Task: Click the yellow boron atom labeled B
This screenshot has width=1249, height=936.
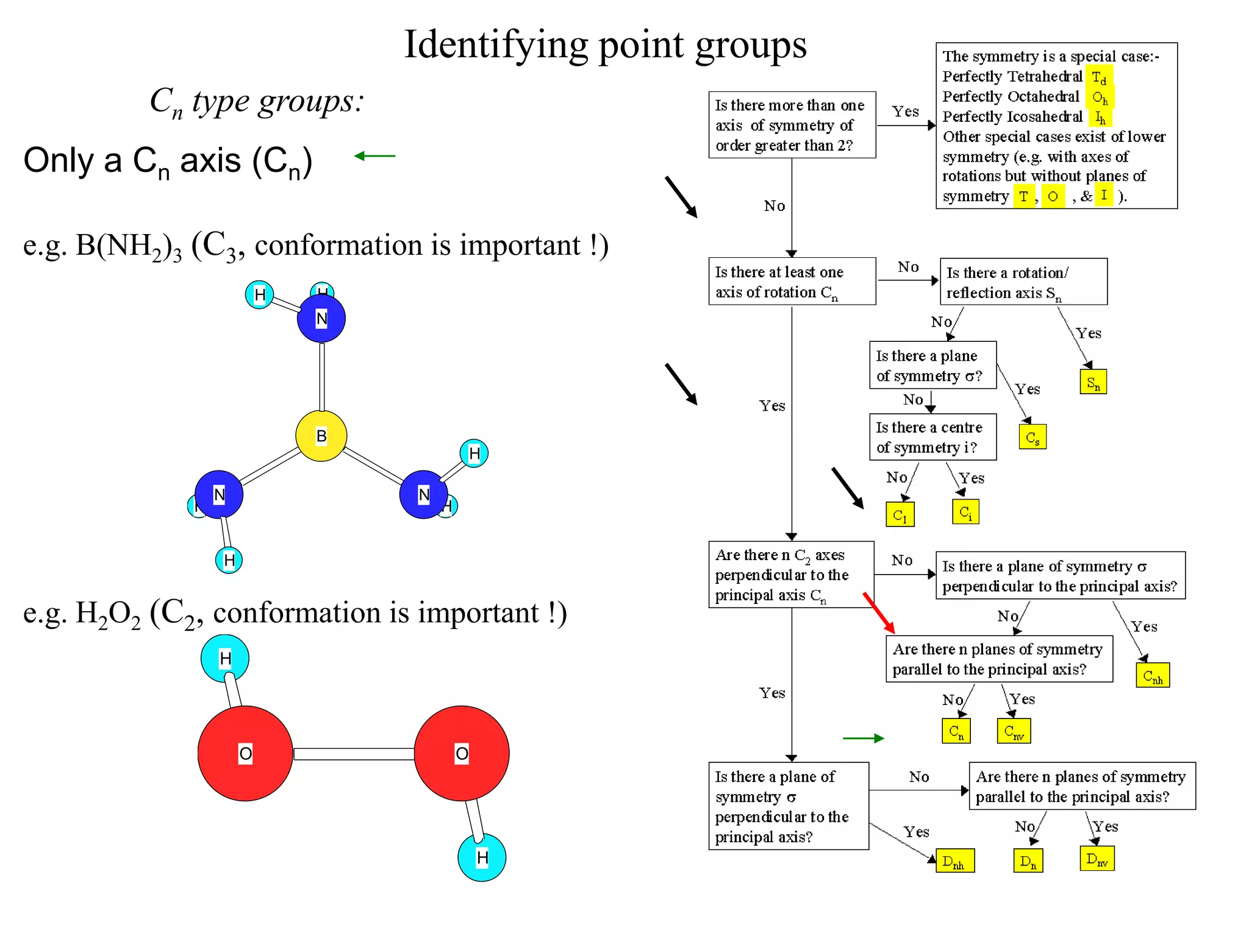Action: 321,436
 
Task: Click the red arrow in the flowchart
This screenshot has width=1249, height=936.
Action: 879,612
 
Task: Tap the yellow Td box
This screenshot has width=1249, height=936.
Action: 1099,77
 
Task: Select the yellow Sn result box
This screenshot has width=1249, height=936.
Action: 1093,382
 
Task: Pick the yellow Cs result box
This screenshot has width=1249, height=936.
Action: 1032,437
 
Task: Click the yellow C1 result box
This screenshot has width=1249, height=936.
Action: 900,514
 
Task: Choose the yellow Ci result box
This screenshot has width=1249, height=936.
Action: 965,511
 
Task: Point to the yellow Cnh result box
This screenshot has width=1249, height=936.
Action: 1152,675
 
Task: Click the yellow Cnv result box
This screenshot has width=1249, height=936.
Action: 1014,731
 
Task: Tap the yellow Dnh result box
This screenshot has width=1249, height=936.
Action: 954,861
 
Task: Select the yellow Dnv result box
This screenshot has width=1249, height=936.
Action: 1097,859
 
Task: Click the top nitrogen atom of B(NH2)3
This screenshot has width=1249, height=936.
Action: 321,318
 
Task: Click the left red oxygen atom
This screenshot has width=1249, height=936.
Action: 245,753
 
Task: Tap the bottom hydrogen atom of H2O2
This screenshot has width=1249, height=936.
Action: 482,857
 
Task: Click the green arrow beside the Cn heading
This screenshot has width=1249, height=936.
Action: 374,156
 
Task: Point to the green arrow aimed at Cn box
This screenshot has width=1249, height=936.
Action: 863,738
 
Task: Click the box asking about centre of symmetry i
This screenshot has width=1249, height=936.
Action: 932,437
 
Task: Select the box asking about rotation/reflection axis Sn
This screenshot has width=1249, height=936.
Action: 1023,282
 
